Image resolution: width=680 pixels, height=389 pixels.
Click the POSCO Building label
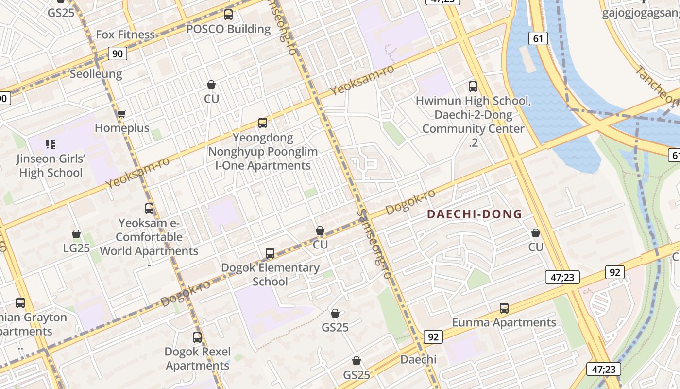click(x=228, y=29)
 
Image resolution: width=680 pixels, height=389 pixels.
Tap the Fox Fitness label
click(x=125, y=35)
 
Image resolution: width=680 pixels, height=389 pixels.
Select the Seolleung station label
click(x=96, y=74)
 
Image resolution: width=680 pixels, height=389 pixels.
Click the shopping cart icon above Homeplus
click(x=121, y=114)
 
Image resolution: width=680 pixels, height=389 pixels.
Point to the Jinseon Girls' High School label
click(x=51, y=166)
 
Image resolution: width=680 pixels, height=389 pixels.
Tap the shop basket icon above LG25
click(x=76, y=234)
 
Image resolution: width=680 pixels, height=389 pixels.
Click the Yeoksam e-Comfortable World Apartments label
click(x=149, y=237)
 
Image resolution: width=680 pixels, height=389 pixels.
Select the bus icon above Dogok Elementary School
click(x=270, y=253)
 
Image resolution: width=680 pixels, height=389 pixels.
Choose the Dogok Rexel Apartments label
click(x=197, y=358)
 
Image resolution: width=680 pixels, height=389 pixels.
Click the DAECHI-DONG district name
click(x=474, y=214)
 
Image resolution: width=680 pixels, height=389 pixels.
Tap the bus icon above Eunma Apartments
click(x=504, y=308)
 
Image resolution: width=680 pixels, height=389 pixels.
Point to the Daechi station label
click(x=418, y=360)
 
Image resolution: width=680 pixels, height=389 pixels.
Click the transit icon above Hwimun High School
click(x=473, y=87)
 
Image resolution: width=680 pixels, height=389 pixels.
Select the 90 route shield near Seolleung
click(x=117, y=53)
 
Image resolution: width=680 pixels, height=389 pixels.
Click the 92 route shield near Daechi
click(x=433, y=336)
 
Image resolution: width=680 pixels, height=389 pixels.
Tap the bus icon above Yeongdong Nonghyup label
click(x=263, y=123)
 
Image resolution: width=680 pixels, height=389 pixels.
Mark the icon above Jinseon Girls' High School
click(x=51, y=144)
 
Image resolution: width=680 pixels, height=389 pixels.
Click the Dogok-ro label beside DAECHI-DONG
click(x=410, y=202)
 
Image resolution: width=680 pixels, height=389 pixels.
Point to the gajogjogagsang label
click(x=641, y=13)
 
